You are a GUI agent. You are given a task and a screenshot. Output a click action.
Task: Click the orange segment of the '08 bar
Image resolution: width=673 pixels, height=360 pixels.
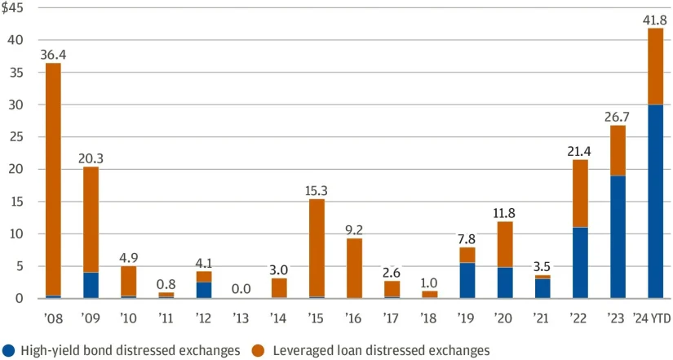point(53,180)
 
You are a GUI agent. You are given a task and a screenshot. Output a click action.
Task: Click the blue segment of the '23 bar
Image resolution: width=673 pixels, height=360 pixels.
point(618,237)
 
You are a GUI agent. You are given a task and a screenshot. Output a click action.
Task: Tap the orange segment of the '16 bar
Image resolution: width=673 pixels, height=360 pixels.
point(354,268)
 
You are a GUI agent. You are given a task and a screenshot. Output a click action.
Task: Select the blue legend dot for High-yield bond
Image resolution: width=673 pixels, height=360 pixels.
point(9,350)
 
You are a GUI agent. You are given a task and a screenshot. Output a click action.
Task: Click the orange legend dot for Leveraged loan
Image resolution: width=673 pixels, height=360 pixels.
point(259,350)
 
